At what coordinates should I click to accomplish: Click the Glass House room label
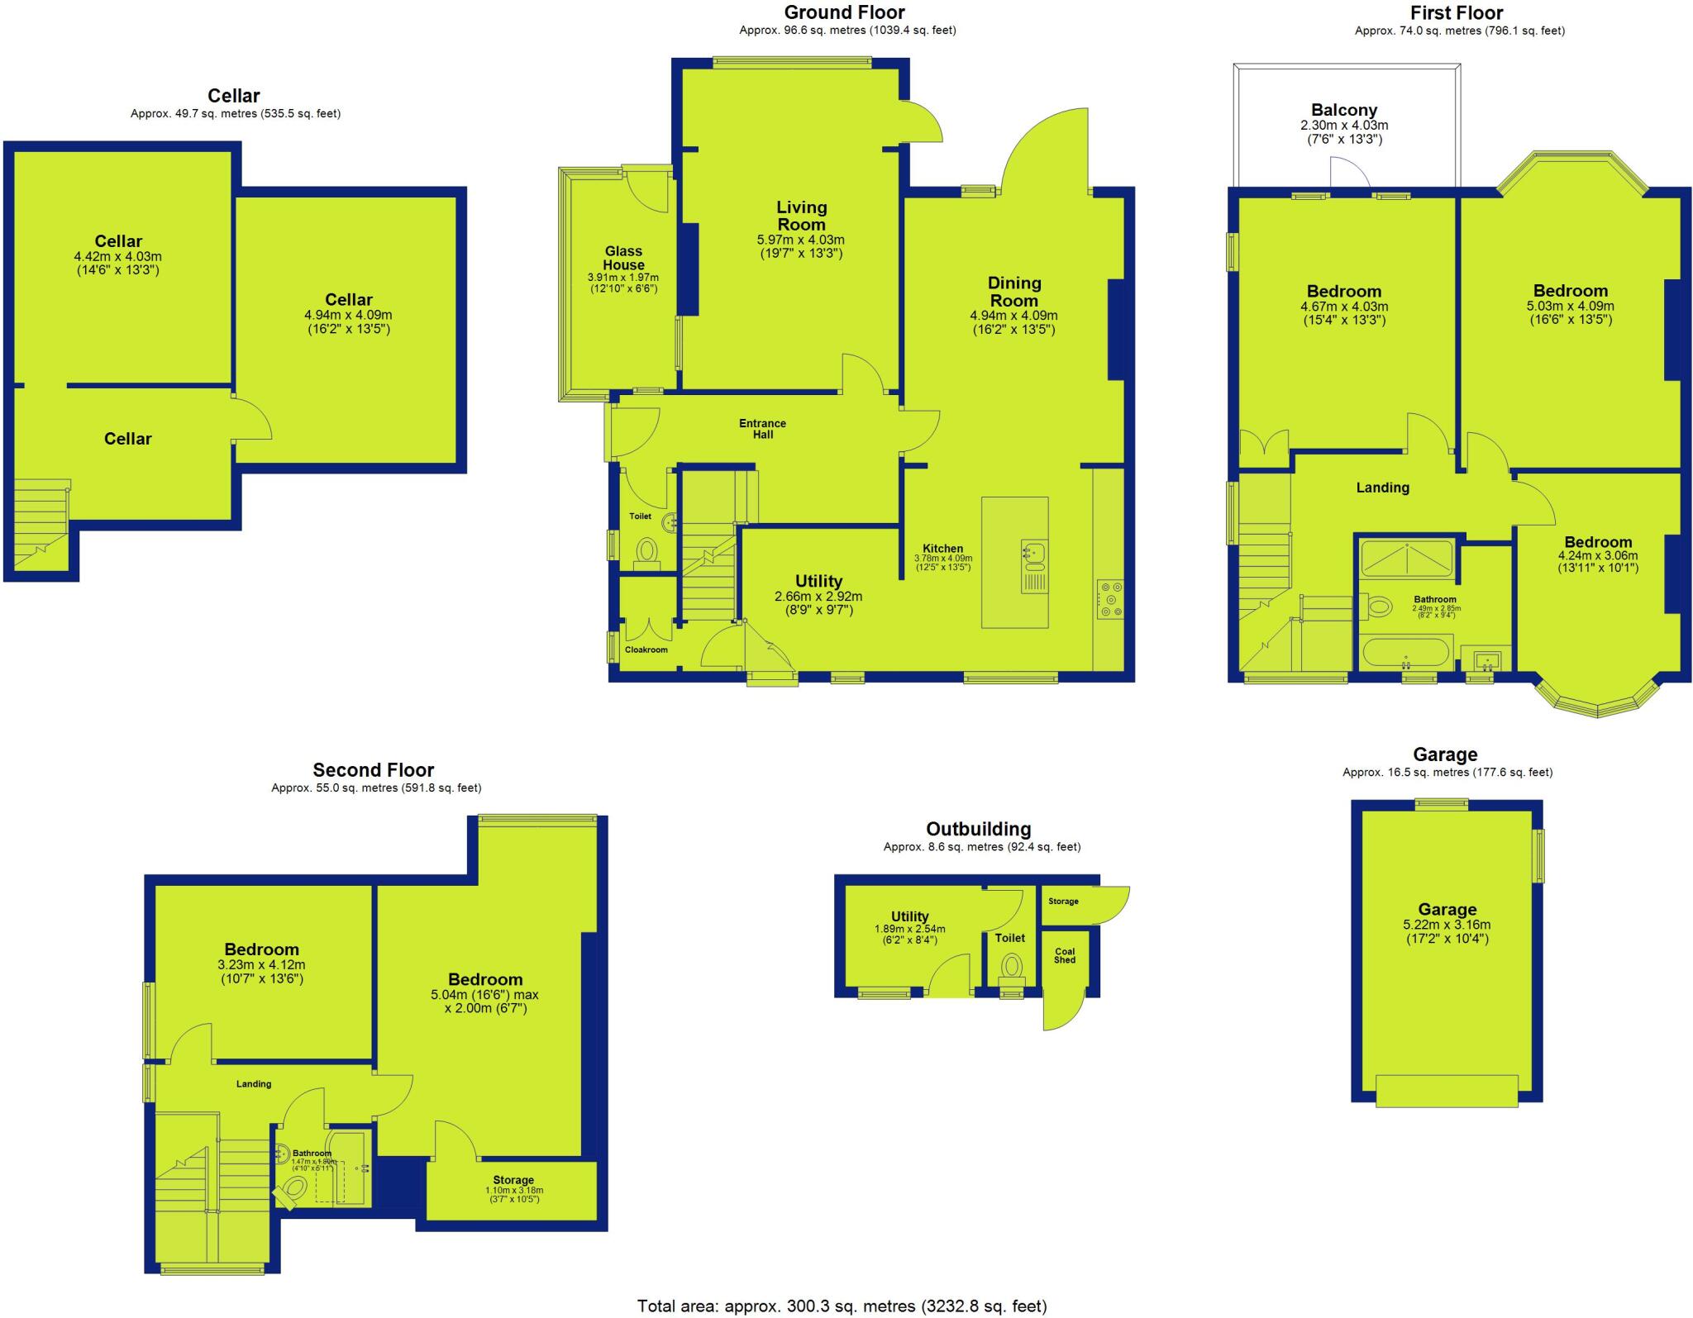tap(623, 258)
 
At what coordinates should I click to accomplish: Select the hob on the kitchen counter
tap(1109, 599)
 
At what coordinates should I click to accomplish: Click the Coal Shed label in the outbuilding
tap(1065, 955)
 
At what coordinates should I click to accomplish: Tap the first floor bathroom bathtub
tap(1405, 653)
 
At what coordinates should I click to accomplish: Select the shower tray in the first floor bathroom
tap(1406, 558)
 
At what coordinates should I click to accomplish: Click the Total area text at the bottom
tap(842, 1306)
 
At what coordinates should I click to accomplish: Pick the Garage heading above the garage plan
tap(1445, 754)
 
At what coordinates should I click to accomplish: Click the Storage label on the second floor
tap(513, 1180)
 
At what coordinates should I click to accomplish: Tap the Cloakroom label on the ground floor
tap(646, 649)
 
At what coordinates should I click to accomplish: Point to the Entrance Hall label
tap(762, 429)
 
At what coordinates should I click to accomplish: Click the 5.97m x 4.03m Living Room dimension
tap(800, 240)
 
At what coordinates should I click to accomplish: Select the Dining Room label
tap(1014, 291)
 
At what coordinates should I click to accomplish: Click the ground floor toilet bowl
tap(646, 550)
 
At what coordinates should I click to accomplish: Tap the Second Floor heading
tap(373, 770)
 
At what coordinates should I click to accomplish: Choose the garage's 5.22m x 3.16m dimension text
tap(1447, 925)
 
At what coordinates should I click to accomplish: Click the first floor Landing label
tap(1382, 488)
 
